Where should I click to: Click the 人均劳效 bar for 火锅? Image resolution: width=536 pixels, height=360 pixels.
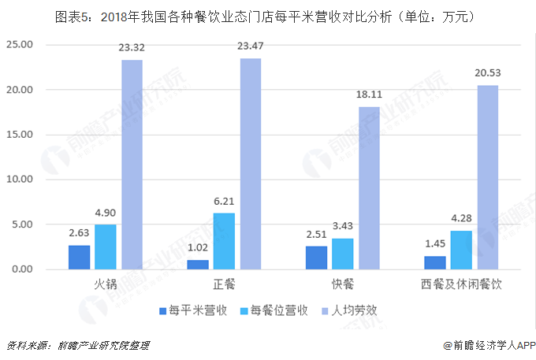(132, 165)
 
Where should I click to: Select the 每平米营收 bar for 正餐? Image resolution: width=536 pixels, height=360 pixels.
(198, 265)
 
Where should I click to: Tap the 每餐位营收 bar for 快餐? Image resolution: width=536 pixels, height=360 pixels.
(343, 254)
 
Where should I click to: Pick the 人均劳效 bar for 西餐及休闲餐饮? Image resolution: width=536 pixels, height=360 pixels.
(487, 177)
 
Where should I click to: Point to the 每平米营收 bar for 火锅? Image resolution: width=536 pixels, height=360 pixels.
(79, 258)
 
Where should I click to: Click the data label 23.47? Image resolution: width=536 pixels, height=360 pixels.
(251, 48)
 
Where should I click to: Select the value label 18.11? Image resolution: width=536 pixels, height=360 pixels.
(369, 96)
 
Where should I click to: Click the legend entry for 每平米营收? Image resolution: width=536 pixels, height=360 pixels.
(194, 310)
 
